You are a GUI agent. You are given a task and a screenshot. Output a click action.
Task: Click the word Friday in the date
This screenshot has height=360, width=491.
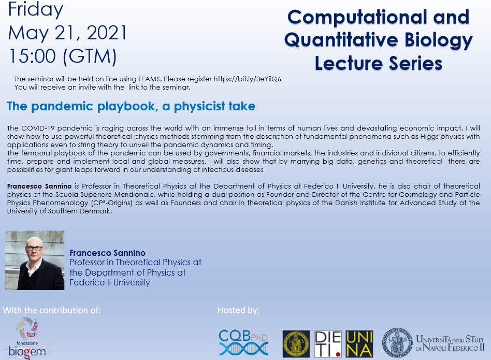[36, 9]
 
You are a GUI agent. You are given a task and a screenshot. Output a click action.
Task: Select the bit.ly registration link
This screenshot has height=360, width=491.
[248, 79]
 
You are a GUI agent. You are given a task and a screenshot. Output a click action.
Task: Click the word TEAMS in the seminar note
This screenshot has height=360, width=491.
[149, 79]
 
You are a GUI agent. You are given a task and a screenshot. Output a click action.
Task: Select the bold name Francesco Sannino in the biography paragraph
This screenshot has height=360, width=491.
[39, 186]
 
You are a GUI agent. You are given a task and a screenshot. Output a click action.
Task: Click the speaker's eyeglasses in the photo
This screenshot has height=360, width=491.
[35, 248]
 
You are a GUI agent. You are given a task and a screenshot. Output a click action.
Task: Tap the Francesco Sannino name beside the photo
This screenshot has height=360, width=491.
[107, 253]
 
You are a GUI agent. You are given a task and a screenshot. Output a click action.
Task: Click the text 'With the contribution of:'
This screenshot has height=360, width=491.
[52, 310]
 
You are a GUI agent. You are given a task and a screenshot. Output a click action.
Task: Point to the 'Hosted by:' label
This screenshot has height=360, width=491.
[239, 310]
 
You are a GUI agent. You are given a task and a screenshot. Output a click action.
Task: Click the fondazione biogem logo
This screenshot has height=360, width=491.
[27, 338]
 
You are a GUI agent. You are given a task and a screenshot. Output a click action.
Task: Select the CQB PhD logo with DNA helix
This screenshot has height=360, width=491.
[243, 343]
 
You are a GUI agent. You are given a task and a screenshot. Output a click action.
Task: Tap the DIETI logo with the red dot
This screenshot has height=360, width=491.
[327, 344]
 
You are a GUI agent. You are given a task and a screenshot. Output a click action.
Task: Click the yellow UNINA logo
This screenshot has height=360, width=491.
[359, 344]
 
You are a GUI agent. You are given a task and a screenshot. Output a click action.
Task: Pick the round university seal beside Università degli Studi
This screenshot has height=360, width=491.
[397, 343]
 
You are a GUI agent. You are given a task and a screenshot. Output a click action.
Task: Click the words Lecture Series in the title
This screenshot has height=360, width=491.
[378, 63]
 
